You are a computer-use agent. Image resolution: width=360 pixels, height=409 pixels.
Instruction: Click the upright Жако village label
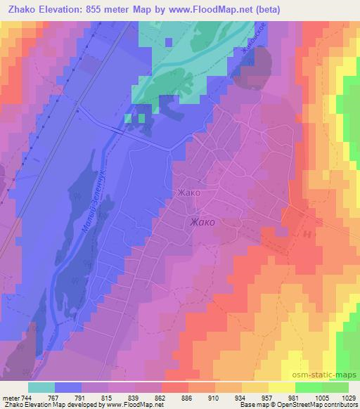189,193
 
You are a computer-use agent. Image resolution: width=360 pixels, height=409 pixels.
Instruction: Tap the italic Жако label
202,222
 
